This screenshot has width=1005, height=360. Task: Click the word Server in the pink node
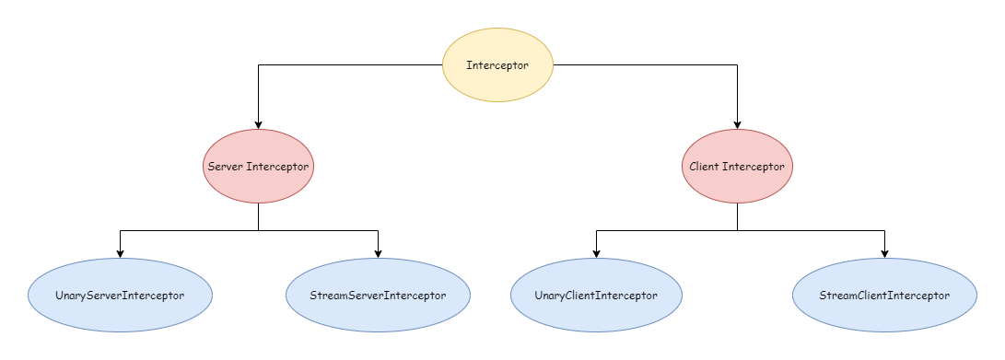[x=225, y=168]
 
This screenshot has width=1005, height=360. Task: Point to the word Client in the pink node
[x=705, y=168]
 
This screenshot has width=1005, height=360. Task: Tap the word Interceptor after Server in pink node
[x=277, y=168]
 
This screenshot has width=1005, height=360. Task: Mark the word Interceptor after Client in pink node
[x=754, y=168]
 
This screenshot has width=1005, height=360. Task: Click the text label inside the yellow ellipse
[x=497, y=65]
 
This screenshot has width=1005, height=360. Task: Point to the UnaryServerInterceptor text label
[x=120, y=296]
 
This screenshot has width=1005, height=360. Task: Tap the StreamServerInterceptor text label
[x=378, y=296]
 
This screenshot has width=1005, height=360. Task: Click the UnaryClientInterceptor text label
[x=596, y=296]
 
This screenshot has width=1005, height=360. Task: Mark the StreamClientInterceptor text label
[x=884, y=296]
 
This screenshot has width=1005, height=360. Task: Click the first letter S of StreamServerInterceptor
[x=313, y=296]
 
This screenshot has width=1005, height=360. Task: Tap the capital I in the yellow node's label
[x=469, y=65]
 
